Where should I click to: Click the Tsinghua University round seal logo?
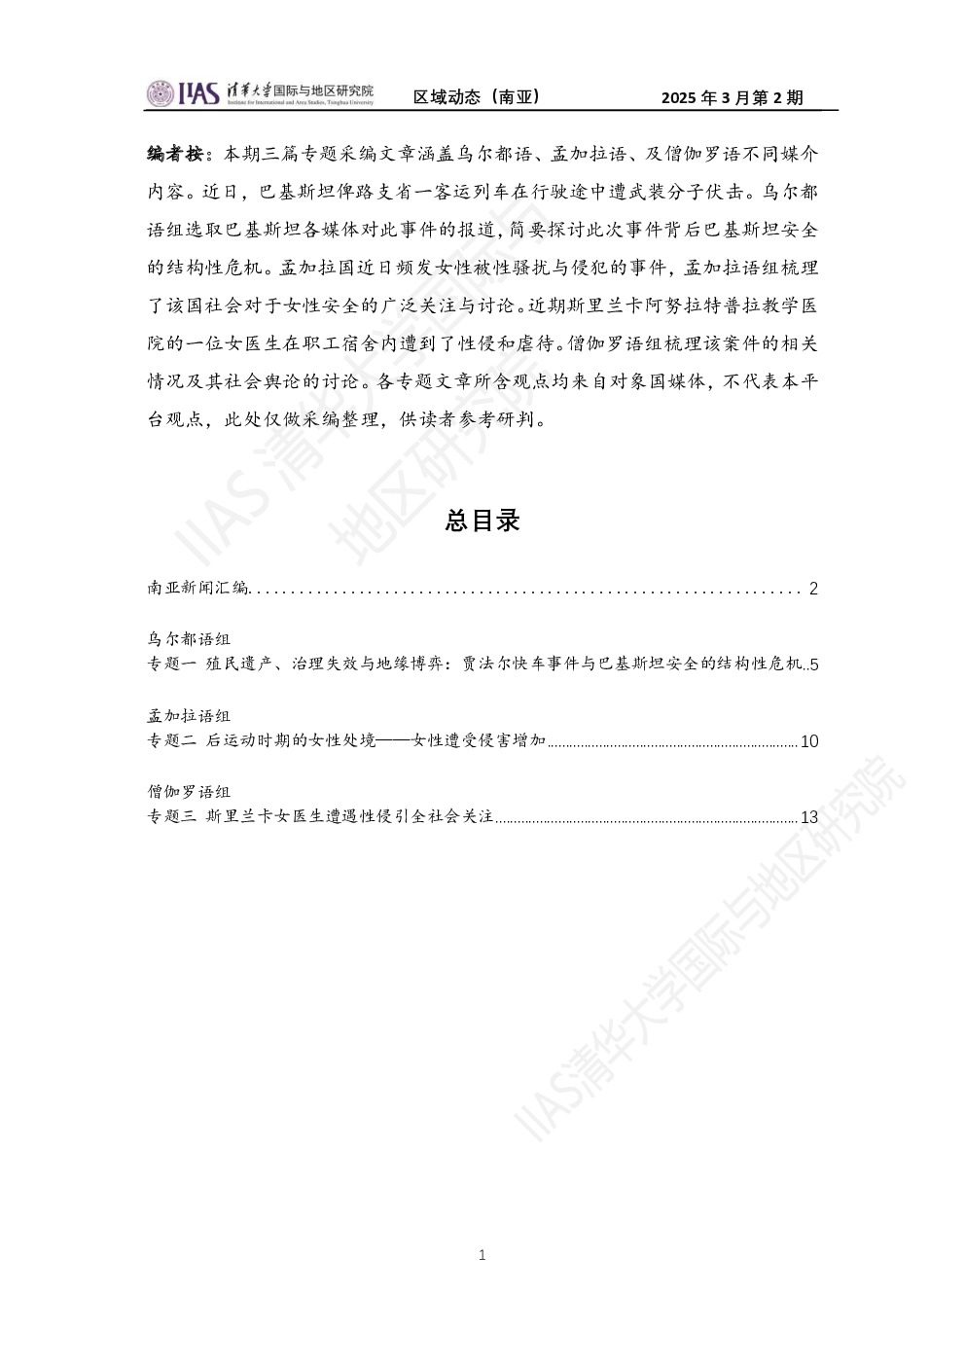coord(161,93)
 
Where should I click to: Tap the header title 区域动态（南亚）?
coord(477,97)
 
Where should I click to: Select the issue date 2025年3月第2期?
coord(733,97)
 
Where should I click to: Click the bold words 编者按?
coord(175,154)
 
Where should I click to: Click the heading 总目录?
coord(482,521)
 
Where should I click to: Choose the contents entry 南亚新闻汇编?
coord(198,588)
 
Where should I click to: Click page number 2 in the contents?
coord(813,589)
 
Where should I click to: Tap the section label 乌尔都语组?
coord(189,638)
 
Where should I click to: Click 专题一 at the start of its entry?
coord(172,664)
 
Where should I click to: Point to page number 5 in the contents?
coord(814,665)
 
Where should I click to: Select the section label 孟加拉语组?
coord(189,715)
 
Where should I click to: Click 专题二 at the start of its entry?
coord(172,740)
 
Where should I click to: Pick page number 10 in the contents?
coord(809,741)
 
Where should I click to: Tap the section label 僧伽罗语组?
coord(189,792)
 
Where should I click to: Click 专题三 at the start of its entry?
coord(172,816)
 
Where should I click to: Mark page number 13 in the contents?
coord(809,817)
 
